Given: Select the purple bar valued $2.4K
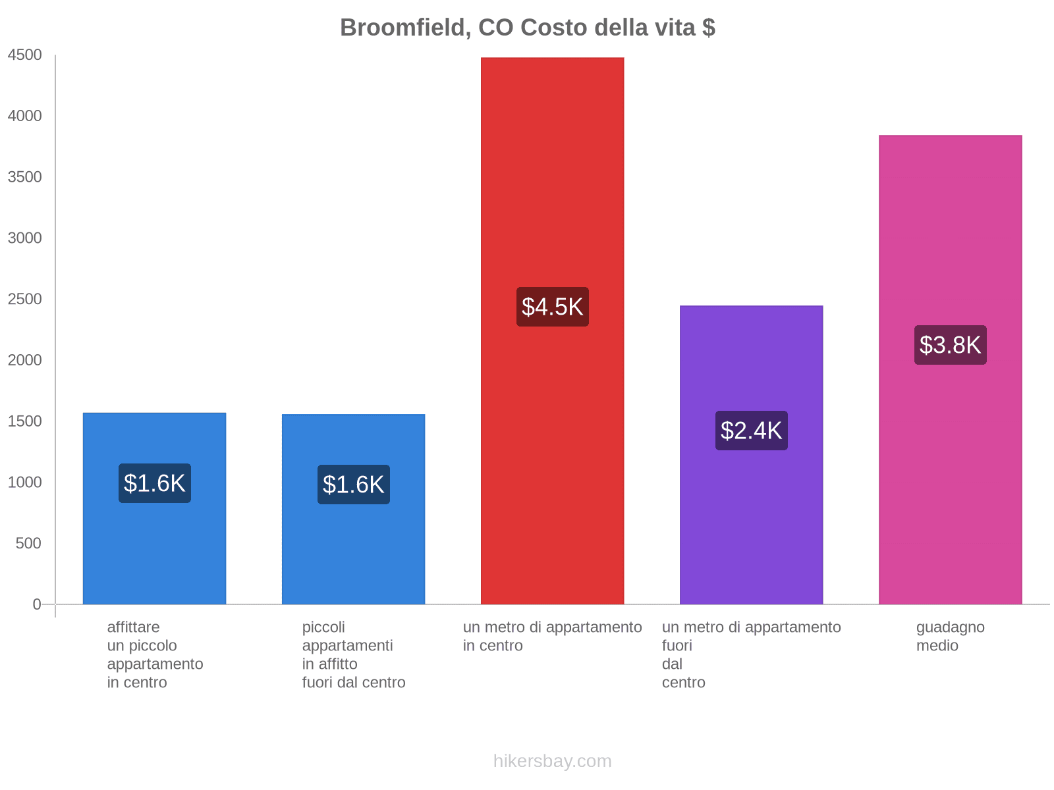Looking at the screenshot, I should click(751, 513).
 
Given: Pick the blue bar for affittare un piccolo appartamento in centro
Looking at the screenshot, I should click(154, 553).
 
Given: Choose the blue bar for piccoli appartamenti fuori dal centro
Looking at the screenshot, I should click(353, 553).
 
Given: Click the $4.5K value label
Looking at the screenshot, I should click(552, 307).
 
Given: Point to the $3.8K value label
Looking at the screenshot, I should click(950, 345).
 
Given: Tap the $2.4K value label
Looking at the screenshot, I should click(751, 431).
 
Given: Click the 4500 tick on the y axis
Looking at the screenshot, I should click(24, 55).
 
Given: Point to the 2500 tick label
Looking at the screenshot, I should click(24, 300).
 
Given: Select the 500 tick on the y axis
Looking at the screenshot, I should click(28, 544).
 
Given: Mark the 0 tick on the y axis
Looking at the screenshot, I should click(37, 604).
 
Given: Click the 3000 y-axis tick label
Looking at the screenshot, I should click(24, 238).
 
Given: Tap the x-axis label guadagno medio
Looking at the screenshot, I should click(950, 636).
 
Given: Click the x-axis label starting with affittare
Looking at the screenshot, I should click(155, 654).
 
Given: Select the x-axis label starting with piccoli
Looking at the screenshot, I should click(354, 654).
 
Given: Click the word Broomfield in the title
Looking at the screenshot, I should click(405, 28).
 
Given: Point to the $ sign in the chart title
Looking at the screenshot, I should click(709, 28).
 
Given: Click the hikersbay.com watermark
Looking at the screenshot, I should click(552, 761).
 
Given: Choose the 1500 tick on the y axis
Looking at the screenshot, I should click(24, 421).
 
